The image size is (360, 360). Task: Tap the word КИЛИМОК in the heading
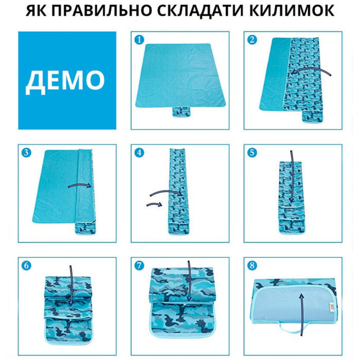tap(292, 11)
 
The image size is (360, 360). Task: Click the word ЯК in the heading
tap(35, 11)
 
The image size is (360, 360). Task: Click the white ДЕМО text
tap(65, 82)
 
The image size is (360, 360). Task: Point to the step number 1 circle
tap(139, 40)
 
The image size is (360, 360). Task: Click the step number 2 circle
tap(252, 40)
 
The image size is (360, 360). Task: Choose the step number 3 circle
tap(26, 153)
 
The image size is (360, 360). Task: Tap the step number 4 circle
tap(139, 153)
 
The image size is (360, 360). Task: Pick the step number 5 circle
tap(252, 153)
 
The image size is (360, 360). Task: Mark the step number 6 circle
tap(26, 266)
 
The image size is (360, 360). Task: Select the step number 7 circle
tap(139, 266)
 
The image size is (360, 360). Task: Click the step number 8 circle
tap(252, 266)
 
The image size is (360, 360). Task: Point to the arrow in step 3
tap(80, 184)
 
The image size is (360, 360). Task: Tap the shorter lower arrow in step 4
tap(154, 204)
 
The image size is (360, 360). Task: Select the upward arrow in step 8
tap(302, 314)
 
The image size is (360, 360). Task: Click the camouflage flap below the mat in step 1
tap(182, 112)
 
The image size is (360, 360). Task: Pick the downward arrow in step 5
tap(292, 176)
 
